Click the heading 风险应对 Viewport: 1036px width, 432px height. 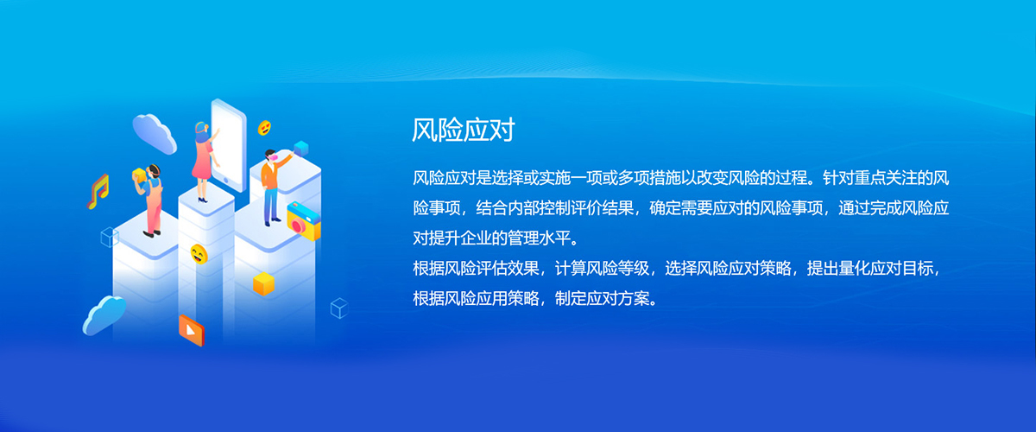pyautogui.click(x=464, y=130)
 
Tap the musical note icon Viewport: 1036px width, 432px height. pyautogui.click(x=98, y=192)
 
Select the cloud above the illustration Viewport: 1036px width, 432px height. pyautogui.click(x=154, y=133)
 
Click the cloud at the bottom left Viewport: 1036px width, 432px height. pyautogui.click(x=104, y=314)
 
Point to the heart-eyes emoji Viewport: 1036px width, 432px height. pyautogui.click(x=264, y=128)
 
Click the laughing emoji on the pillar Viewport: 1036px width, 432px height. pyautogui.click(x=199, y=254)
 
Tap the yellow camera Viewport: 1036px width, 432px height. pyautogui.click(x=304, y=221)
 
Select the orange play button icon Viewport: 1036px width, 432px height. pyautogui.click(x=192, y=330)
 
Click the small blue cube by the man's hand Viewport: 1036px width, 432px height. pyautogui.click(x=301, y=149)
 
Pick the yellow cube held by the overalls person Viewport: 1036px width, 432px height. pyautogui.click(x=139, y=175)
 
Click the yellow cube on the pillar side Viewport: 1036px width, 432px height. pyautogui.click(x=263, y=284)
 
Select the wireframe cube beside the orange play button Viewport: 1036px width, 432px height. pyautogui.click(x=339, y=308)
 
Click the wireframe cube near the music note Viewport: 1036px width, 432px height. pyautogui.click(x=110, y=237)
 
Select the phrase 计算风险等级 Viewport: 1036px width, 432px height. pyautogui.click(x=602, y=269)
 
